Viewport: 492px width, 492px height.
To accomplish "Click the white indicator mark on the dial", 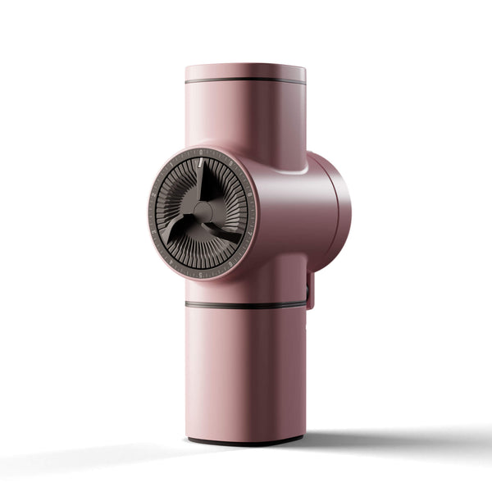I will pyautogui.click(x=200, y=164).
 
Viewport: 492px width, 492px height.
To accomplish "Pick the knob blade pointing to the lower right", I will pyautogui.click(x=225, y=232).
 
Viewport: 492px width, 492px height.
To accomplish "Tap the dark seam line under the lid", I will pyautogui.click(x=245, y=80).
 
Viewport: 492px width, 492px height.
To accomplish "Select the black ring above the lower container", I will pyautogui.click(x=245, y=305).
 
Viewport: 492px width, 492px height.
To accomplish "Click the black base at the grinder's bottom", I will pyautogui.click(x=245, y=441).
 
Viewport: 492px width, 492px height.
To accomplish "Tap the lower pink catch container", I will pyautogui.click(x=245, y=369).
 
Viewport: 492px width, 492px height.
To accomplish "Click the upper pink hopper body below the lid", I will pyautogui.click(x=245, y=115).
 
